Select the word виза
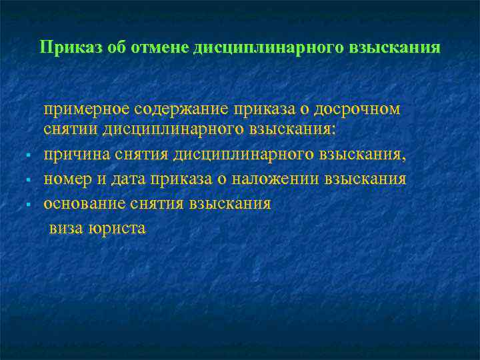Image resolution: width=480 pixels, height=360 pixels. pos(65,228)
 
